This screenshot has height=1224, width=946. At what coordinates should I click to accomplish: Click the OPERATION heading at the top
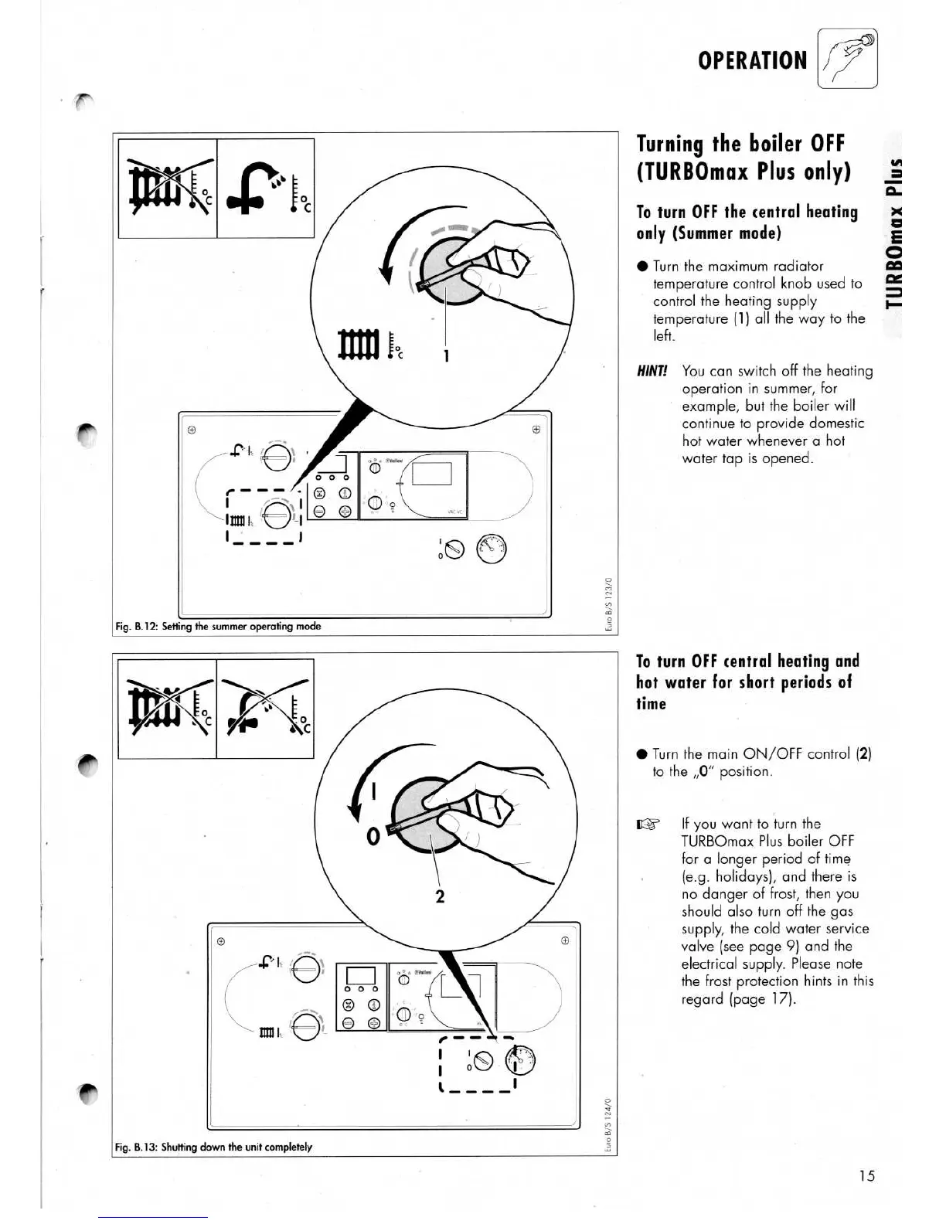[751, 60]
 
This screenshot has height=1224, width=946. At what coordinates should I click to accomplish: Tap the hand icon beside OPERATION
[848, 59]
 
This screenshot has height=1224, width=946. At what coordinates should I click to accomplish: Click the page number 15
[866, 1175]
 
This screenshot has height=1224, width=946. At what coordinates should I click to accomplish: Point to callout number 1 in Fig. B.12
[447, 355]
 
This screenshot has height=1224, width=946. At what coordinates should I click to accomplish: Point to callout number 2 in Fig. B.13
[440, 896]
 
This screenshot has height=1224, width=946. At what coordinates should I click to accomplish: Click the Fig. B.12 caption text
[218, 626]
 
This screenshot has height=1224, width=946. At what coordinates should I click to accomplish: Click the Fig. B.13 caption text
[213, 1147]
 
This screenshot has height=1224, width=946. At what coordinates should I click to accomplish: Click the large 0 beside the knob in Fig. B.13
[373, 837]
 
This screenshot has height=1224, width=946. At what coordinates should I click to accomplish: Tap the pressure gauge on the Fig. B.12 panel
[492, 549]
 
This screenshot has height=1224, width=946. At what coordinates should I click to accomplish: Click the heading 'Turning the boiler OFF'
[740, 144]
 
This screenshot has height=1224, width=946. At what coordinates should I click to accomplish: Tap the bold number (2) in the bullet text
[864, 753]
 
